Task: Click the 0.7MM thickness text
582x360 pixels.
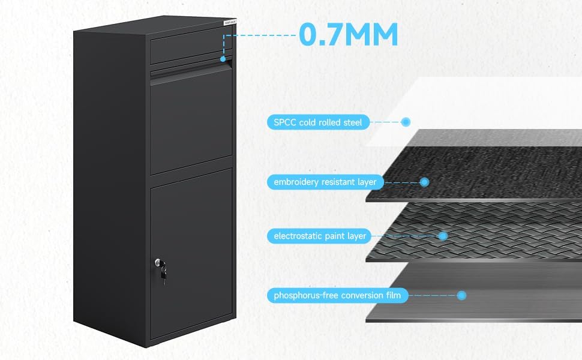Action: pyautogui.click(x=349, y=35)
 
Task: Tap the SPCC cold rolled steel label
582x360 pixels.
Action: pyautogui.click(x=318, y=122)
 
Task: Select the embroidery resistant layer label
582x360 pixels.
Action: pyautogui.click(x=325, y=182)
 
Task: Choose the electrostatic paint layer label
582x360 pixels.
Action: pyautogui.click(x=320, y=236)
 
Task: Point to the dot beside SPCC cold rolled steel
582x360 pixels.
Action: pyautogui.click(x=406, y=122)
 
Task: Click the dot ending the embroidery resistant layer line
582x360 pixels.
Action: pyautogui.click(x=424, y=181)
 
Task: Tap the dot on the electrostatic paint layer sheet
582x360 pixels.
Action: pyautogui.click(x=443, y=236)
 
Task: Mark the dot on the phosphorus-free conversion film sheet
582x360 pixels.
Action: pyautogui.click(x=461, y=295)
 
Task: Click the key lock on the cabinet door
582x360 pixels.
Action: pyautogui.click(x=159, y=263)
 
